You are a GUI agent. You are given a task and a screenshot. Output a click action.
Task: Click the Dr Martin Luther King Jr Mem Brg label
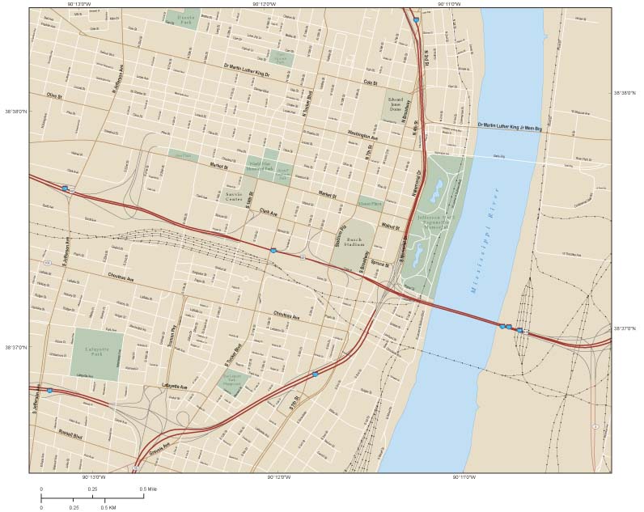point(508,125)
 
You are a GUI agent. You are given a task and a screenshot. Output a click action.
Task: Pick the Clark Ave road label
point(268,212)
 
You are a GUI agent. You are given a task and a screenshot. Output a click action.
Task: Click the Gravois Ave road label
point(159,449)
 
